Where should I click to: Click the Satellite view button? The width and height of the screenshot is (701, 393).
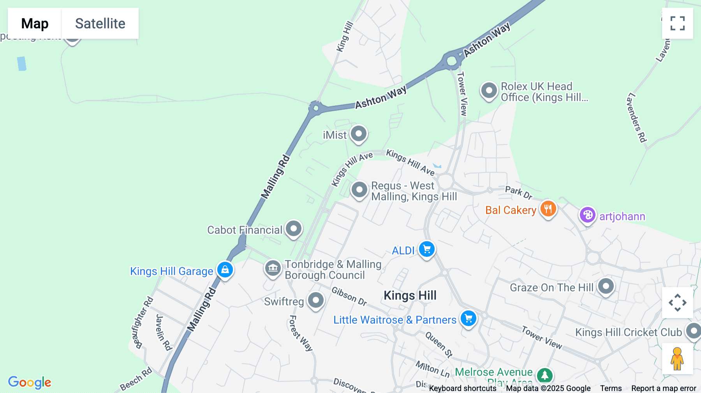pyautogui.click(x=100, y=23)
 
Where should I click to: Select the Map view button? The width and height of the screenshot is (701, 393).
pyautogui.click(x=35, y=23)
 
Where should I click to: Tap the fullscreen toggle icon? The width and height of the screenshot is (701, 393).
pyautogui.click(x=677, y=23)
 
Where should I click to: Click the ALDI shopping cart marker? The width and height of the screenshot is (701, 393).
pyautogui.click(x=427, y=249)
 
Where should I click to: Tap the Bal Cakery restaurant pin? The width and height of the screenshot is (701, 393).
pyautogui.click(x=548, y=209)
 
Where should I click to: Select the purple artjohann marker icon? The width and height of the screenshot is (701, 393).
pyautogui.click(x=587, y=215)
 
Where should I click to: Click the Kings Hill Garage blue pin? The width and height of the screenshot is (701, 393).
pyautogui.click(x=225, y=270)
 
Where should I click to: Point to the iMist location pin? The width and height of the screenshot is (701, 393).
pyautogui.click(x=358, y=134)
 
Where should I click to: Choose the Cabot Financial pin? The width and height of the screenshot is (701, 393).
pyautogui.click(x=294, y=228)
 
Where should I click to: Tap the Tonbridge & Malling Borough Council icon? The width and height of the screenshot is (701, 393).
pyautogui.click(x=273, y=268)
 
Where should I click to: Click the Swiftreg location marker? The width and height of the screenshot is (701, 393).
pyautogui.click(x=315, y=300)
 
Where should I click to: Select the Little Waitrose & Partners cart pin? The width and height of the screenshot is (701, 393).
pyautogui.click(x=469, y=319)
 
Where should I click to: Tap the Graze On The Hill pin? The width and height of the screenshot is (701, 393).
pyautogui.click(x=606, y=287)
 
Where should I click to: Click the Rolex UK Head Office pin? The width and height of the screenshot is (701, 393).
pyautogui.click(x=489, y=91)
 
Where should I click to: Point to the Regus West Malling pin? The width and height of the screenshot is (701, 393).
pyautogui.click(x=359, y=190)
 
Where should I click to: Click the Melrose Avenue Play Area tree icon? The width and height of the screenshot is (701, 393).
pyautogui.click(x=544, y=375)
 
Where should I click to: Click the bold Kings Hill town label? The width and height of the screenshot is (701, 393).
pyautogui.click(x=410, y=295)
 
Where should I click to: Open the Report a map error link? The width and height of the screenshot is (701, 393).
pyautogui.click(x=664, y=388)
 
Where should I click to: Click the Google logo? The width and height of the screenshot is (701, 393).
pyautogui.click(x=30, y=382)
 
